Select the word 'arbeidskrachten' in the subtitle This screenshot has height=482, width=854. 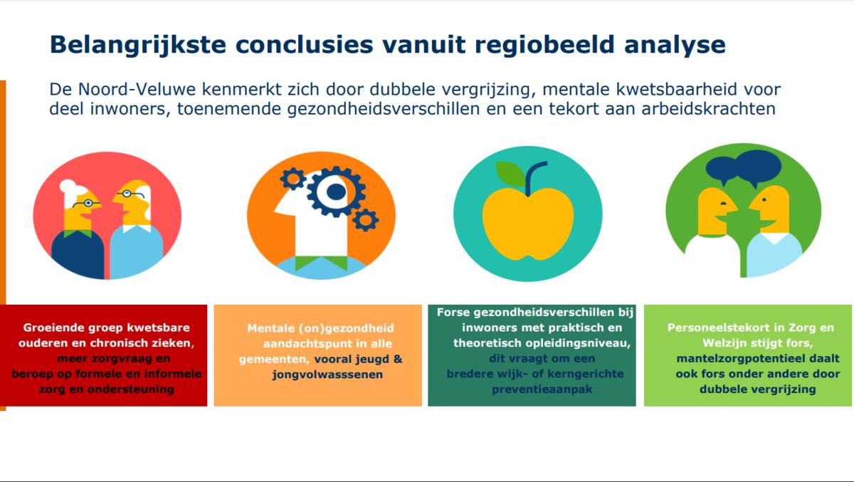click(708, 109)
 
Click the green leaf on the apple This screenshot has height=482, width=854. click(510, 174)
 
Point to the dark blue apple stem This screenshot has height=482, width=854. click(532, 176)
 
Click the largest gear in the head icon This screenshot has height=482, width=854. click(336, 192)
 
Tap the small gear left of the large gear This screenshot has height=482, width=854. click(292, 179)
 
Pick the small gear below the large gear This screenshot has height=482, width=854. click(365, 220)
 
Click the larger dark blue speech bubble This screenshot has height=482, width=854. click(757, 167)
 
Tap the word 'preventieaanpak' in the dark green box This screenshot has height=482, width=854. click(542, 389)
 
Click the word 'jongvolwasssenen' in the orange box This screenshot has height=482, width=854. click(327, 374)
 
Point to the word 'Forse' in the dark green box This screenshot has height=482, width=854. click(453, 313)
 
